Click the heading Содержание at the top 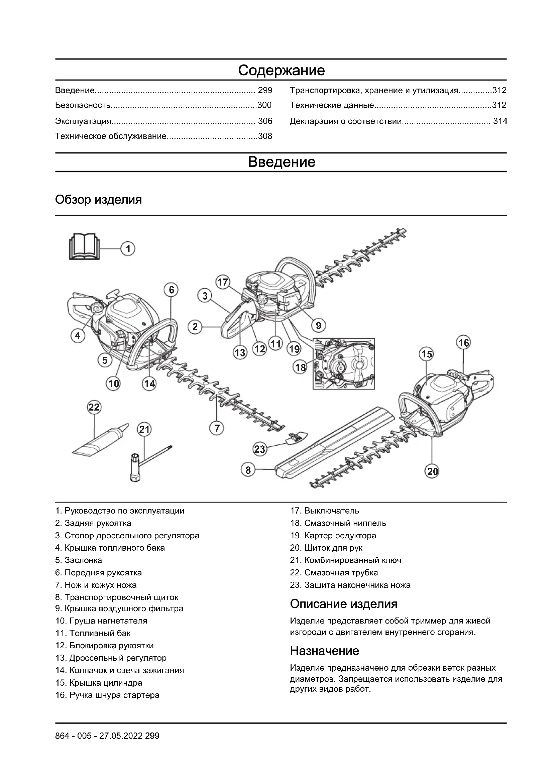coord(281,71)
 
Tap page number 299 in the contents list coord(265,90)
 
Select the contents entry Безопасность coord(83,105)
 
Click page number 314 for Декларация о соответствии coord(500,121)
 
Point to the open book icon coord(85,246)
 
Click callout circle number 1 coord(128,249)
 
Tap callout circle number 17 coord(223,283)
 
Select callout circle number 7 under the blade coord(217,428)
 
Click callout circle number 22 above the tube coord(94,407)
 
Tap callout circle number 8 coord(248,470)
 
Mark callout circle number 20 coord(432,471)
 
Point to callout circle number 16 coord(464,343)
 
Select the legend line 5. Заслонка coord(79,560)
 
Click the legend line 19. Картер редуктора coord(333,535)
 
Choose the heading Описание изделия coord(344,604)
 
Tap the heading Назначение coord(324,651)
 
